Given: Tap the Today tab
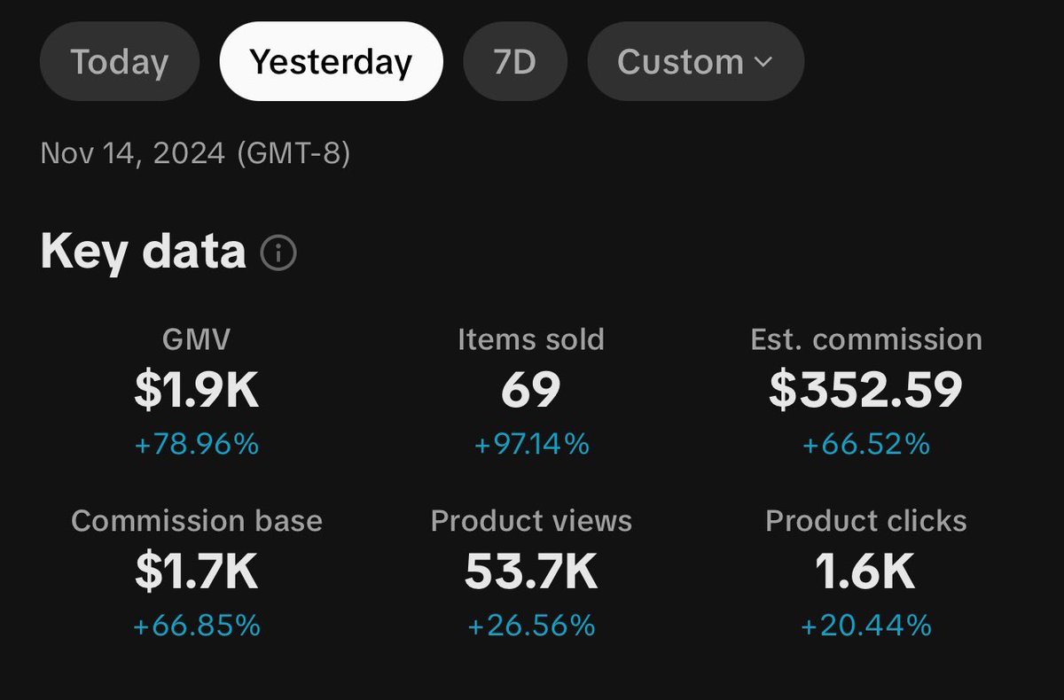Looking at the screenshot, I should click(119, 62).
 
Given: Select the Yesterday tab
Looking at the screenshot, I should click(331, 62).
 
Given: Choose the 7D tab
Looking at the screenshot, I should click(514, 62).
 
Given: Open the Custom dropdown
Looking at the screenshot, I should click(695, 62).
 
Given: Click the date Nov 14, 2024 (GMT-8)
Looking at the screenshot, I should click(195, 154).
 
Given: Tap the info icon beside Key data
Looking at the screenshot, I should click(278, 254).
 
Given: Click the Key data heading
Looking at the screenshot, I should click(143, 253).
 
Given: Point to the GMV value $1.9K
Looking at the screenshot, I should click(197, 391).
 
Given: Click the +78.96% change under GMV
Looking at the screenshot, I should click(197, 444).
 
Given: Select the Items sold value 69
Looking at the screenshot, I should click(531, 391).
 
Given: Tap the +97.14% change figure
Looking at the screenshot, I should click(531, 444).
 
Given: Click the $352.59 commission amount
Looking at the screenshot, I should click(865, 391).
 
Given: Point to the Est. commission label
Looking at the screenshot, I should click(865, 339).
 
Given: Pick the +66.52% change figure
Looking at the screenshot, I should click(865, 444).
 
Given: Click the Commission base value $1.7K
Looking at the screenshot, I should click(197, 573).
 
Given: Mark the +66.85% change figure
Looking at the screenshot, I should click(197, 626).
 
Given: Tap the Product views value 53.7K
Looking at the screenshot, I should click(531, 573).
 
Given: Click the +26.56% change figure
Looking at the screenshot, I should click(531, 626).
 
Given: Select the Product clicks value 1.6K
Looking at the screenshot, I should click(865, 573).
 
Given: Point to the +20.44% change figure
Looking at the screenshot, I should click(865, 626).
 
